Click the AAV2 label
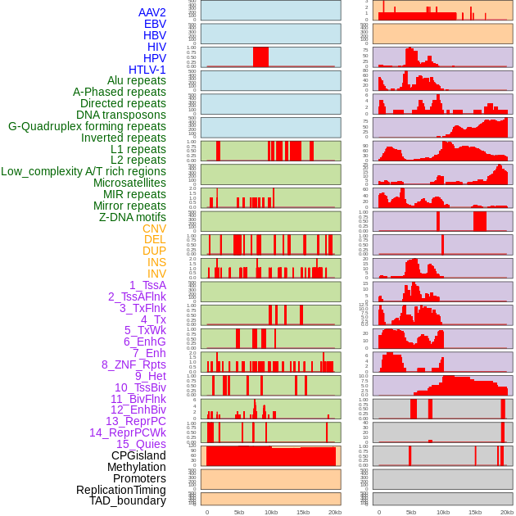coord(152,12)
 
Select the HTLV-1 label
coord(147,70)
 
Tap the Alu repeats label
coord(136,80)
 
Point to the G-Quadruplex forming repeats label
coord(87,126)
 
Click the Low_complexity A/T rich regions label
coord(84,171)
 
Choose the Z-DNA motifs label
coord(132,217)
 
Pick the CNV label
coord(154,229)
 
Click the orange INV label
coord(156,274)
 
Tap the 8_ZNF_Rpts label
coord(134,364)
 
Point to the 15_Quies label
coord(141,444)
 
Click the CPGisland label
coord(138,455)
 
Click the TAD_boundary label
coord(127,500)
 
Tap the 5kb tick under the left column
coord(239,512)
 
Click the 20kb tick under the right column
coord(507,512)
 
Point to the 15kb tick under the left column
coord(302,512)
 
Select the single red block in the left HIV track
coord(260,57)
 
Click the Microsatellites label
coord(129,183)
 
